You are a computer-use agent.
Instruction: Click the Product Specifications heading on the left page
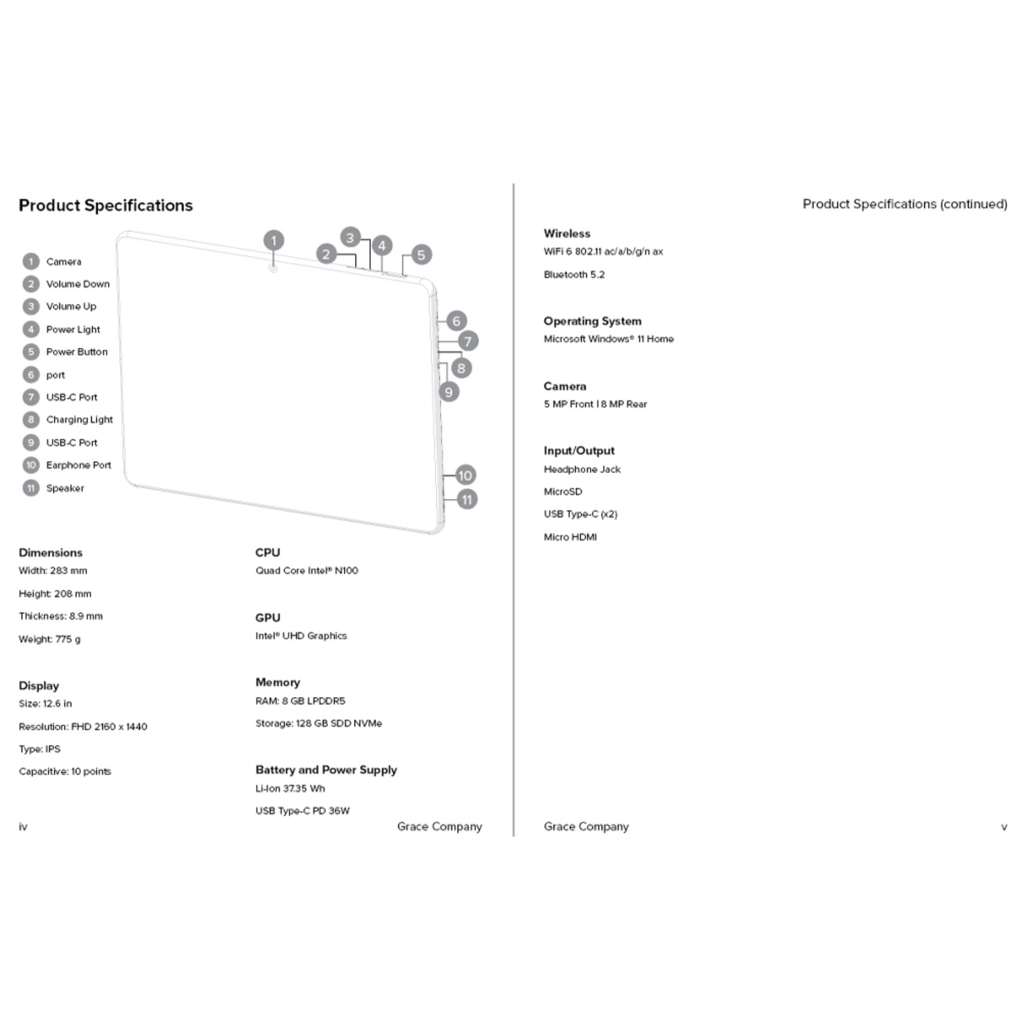click(x=106, y=205)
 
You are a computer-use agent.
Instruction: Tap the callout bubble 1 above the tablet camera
click(x=274, y=241)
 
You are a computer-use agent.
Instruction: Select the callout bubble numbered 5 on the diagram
click(x=421, y=255)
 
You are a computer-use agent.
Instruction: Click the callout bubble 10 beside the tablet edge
click(x=465, y=475)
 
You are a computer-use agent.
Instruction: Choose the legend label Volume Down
click(x=78, y=284)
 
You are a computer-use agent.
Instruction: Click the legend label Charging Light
click(x=79, y=420)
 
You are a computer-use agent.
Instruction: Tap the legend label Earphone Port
click(x=78, y=465)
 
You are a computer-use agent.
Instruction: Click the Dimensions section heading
click(x=51, y=553)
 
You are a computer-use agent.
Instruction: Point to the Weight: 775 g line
click(x=50, y=640)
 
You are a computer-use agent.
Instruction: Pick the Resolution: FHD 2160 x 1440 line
click(x=83, y=727)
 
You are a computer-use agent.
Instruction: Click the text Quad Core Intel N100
click(x=307, y=571)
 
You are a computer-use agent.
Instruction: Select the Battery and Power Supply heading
click(x=326, y=770)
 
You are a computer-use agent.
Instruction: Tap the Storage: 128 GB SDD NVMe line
click(x=319, y=723)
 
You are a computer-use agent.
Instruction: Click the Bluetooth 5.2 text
click(x=574, y=275)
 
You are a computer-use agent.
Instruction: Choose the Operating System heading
click(x=592, y=322)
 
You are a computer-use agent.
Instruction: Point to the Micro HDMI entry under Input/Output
click(x=570, y=537)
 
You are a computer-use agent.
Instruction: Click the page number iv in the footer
click(x=23, y=827)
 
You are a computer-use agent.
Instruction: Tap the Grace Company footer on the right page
click(x=586, y=827)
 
